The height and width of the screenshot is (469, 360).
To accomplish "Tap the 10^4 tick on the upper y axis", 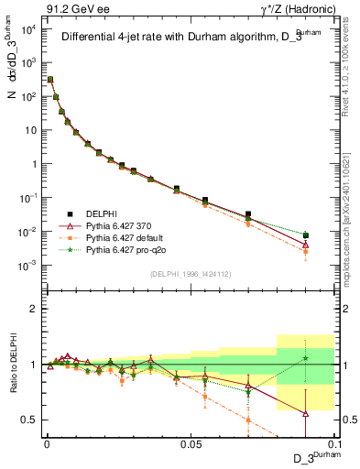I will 27,27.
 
